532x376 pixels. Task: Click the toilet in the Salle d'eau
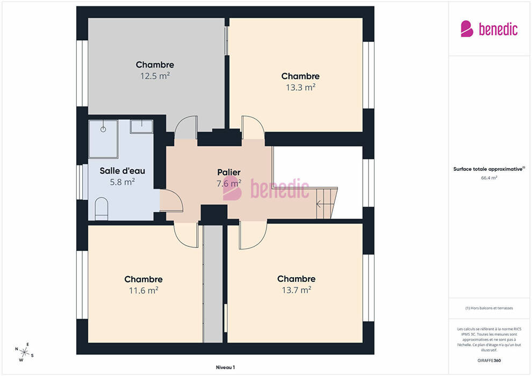(102, 209)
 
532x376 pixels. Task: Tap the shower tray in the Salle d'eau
(104, 139)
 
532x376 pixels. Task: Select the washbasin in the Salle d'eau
(141, 126)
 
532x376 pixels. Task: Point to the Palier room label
(229, 172)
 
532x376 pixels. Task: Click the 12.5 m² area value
(155, 76)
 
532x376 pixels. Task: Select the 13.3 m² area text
(300, 87)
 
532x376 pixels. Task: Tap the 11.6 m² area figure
(143, 291)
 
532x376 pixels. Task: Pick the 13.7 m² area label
(297, 290)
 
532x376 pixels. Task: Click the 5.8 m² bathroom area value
(123, 182)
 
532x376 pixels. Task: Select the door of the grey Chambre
(186, 127)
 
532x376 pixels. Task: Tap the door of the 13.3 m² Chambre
(253, 127)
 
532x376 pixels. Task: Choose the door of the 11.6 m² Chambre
(186, 235)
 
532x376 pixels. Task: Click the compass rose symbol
(24, 352)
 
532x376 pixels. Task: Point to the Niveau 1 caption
(225, 367)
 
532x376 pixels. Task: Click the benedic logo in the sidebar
(489, 29)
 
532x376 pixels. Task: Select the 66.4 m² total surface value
(489, 178)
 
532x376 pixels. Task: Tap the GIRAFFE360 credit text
(489, 360)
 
